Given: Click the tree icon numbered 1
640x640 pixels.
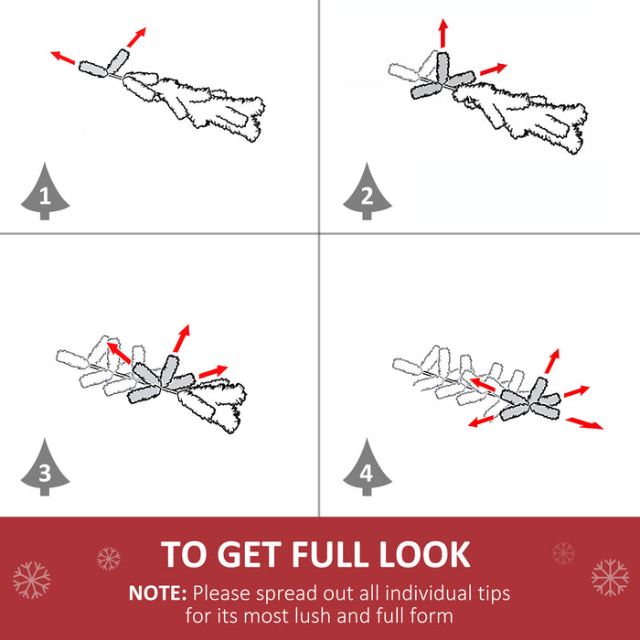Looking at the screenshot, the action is [x=45, y=193].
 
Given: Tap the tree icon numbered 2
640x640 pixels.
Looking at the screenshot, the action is [x=368, y=193].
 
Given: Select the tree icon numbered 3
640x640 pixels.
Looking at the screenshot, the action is [x=45, y=468].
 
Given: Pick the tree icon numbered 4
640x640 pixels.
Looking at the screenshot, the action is [x=368, y=468].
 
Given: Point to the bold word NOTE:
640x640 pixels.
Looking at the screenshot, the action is [x=157, y=593].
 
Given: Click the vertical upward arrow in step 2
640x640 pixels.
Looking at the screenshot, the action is [x=443, y=33].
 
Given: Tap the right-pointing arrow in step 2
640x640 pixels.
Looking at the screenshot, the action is [x=494, y=69].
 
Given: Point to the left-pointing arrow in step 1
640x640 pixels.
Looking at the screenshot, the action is [x=63, y=58].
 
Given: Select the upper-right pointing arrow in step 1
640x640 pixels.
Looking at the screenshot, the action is [x=136, y=37].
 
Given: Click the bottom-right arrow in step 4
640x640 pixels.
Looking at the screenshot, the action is [x=584, y=423].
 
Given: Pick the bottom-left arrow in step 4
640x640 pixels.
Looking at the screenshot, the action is [x=481, y=421].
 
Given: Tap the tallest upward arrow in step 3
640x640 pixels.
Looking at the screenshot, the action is [x=182, y=338].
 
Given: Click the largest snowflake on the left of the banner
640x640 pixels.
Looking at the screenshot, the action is [x=31, y=580].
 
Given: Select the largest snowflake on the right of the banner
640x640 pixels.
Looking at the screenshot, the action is [x=610, y=578].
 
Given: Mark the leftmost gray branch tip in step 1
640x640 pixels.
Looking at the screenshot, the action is [x=93, y=69].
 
